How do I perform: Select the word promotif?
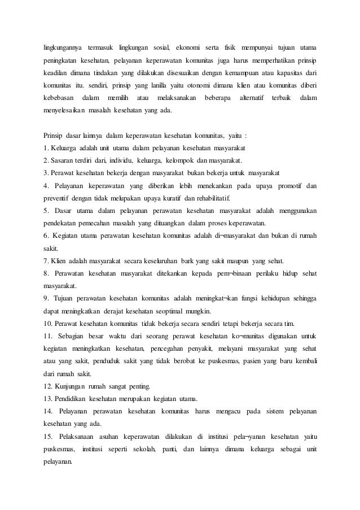[x=285, y=186]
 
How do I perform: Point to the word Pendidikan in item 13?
[x=72, y=399]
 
